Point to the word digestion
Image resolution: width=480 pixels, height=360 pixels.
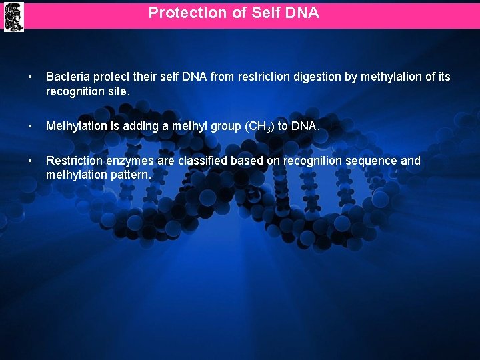point(317,77)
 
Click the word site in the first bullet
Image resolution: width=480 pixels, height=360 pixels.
point(116,91)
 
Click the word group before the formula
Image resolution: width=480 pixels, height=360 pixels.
point(215,126)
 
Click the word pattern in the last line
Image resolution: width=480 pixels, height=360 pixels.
point(133,175)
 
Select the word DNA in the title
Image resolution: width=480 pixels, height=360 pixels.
point(303,13)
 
